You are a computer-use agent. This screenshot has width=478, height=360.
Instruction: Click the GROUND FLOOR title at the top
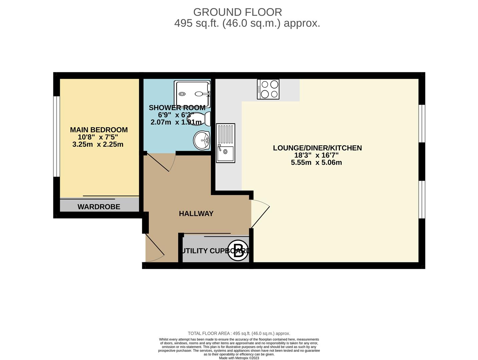click(x=237, y=12)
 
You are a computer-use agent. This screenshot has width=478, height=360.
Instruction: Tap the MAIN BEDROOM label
click(x=99, y=130)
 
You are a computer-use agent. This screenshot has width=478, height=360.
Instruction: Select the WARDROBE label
click(x=99, y=207)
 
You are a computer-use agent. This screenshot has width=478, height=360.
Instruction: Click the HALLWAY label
click(x=196, y=214)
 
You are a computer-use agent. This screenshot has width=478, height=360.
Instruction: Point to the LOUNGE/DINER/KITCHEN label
click(x=317, y=148)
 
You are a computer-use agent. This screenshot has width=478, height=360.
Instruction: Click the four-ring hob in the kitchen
click(x=268, y=89)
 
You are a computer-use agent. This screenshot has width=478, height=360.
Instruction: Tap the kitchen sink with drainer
click(x=225, y=143)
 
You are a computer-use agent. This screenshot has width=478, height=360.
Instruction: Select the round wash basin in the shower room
click(x=202, y=141)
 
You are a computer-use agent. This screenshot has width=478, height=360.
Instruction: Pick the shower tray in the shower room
click(x=192, y=94)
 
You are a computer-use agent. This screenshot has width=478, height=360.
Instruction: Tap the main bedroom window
click(x=57, y=136)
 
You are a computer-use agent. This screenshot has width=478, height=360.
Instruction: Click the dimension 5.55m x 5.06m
click(x=317, y=162)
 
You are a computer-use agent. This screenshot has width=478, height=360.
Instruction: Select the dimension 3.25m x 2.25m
click(x=98, y=144)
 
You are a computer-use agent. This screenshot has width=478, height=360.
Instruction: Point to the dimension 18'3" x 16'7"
click(x=317, y=155)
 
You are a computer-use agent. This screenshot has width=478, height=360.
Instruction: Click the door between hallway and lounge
click(x=260, y=214)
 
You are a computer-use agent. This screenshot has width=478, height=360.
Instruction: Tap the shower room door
click(x=161, y=162)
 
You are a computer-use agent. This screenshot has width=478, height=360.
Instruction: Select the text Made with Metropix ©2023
click(x=239, y=358)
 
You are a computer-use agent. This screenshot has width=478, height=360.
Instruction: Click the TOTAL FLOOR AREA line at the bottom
click(x=239, y=333)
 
